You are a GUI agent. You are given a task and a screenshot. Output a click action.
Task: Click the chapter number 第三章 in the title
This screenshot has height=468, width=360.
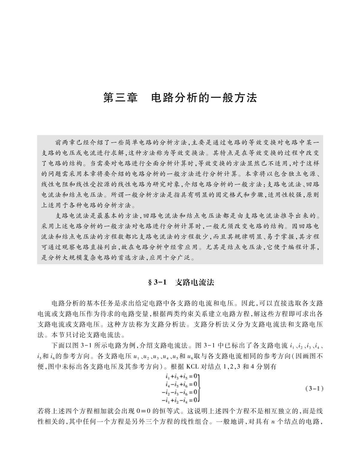point(120,98)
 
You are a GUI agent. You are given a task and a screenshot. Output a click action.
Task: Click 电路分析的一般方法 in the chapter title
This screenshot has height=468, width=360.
point(204,98)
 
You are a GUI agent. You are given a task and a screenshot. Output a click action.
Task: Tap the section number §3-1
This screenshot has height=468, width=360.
point(157,282)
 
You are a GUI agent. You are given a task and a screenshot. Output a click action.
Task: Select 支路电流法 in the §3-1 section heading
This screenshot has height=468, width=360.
point(195,282)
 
